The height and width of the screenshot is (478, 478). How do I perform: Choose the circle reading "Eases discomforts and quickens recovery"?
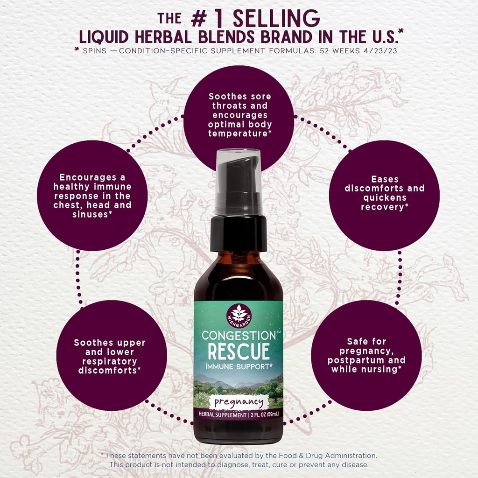(384, 192)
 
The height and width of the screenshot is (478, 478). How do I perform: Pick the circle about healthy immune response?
(92, 196)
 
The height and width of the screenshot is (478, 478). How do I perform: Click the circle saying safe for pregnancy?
(366, 356)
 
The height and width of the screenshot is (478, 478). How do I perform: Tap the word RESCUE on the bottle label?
(239, 351)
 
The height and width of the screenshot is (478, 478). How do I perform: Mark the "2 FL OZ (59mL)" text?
(264, 415)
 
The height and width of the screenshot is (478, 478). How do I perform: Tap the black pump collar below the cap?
(239, 232)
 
